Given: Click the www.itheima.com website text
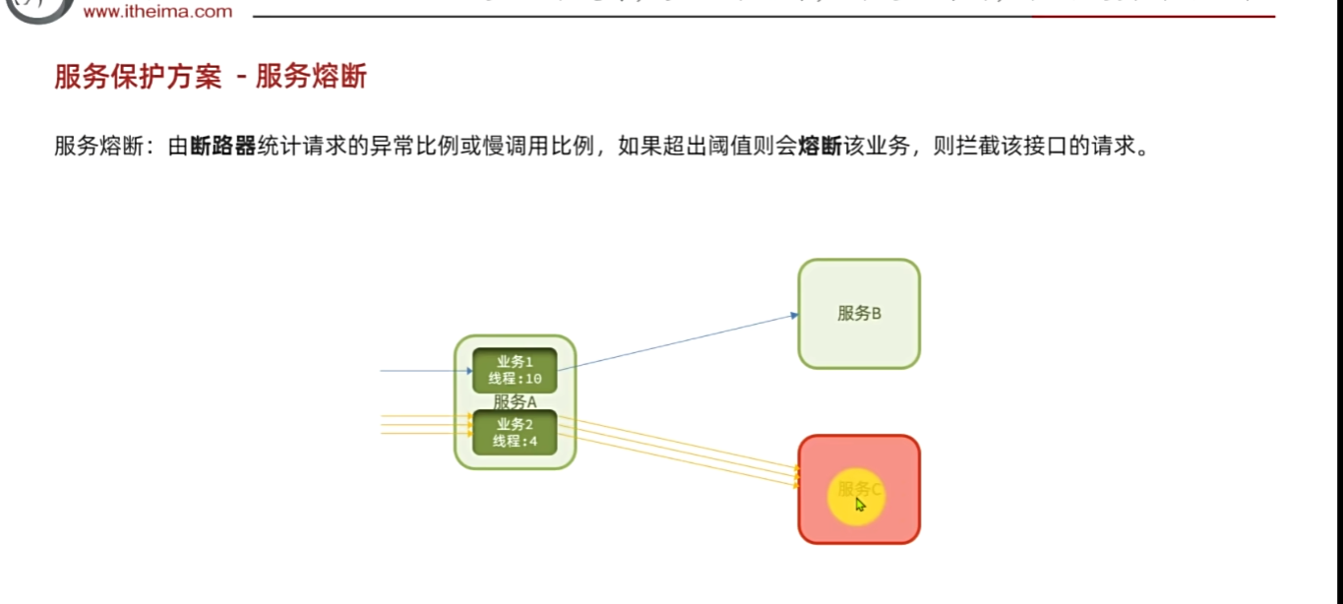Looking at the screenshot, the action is (x=157, y=12).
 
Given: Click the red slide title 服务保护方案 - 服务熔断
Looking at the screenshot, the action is (x=211, y=77).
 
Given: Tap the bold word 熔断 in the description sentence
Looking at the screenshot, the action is (x=820, y=148).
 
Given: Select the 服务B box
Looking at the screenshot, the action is (x=859, y=314).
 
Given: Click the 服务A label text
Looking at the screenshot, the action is (x=515, y=401).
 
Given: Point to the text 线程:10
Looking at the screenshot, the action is (x=515, y=380).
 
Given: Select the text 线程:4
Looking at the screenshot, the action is (x=515, y=442).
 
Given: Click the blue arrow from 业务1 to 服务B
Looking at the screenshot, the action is (x=679, y=340).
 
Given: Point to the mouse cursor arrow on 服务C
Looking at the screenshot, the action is (x=860, y=505).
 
